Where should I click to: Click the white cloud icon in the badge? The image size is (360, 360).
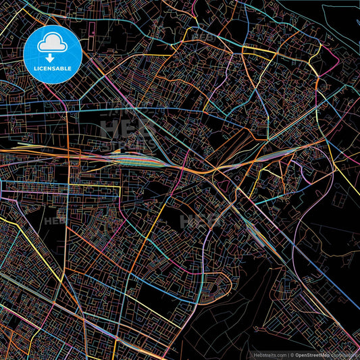point(52,45)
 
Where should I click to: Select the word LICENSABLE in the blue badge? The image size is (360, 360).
point(52,68)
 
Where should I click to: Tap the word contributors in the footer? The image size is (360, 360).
point(346,354)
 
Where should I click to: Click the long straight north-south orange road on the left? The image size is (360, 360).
point(67,223)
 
